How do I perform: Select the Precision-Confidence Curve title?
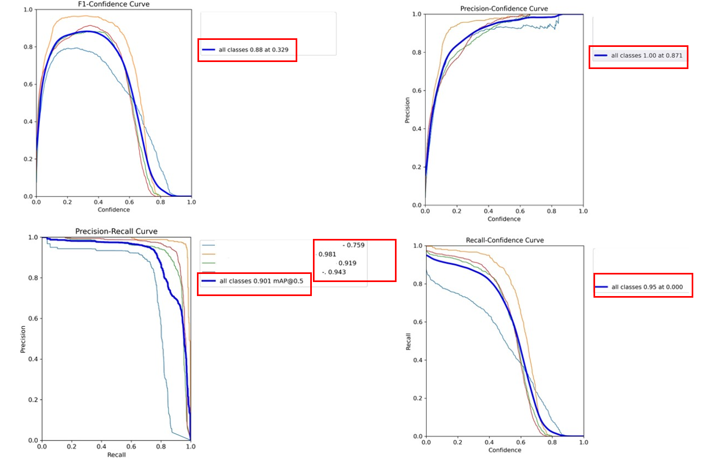point(504,9)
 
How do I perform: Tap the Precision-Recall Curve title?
point(116,231)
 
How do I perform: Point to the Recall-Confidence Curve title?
point(504,240)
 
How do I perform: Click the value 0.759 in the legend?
point(356,245)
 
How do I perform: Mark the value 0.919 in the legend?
point(347,263)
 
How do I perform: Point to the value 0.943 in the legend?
point(337,272)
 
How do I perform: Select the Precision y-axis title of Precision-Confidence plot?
point(408,110)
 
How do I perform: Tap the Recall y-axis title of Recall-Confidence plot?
point(408,341)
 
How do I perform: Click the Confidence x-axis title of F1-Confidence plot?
point(114,209)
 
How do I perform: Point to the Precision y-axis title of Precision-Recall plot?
point(23,339)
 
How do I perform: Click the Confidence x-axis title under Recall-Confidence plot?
point(505,450)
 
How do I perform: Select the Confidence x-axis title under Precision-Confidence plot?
point(504,219)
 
